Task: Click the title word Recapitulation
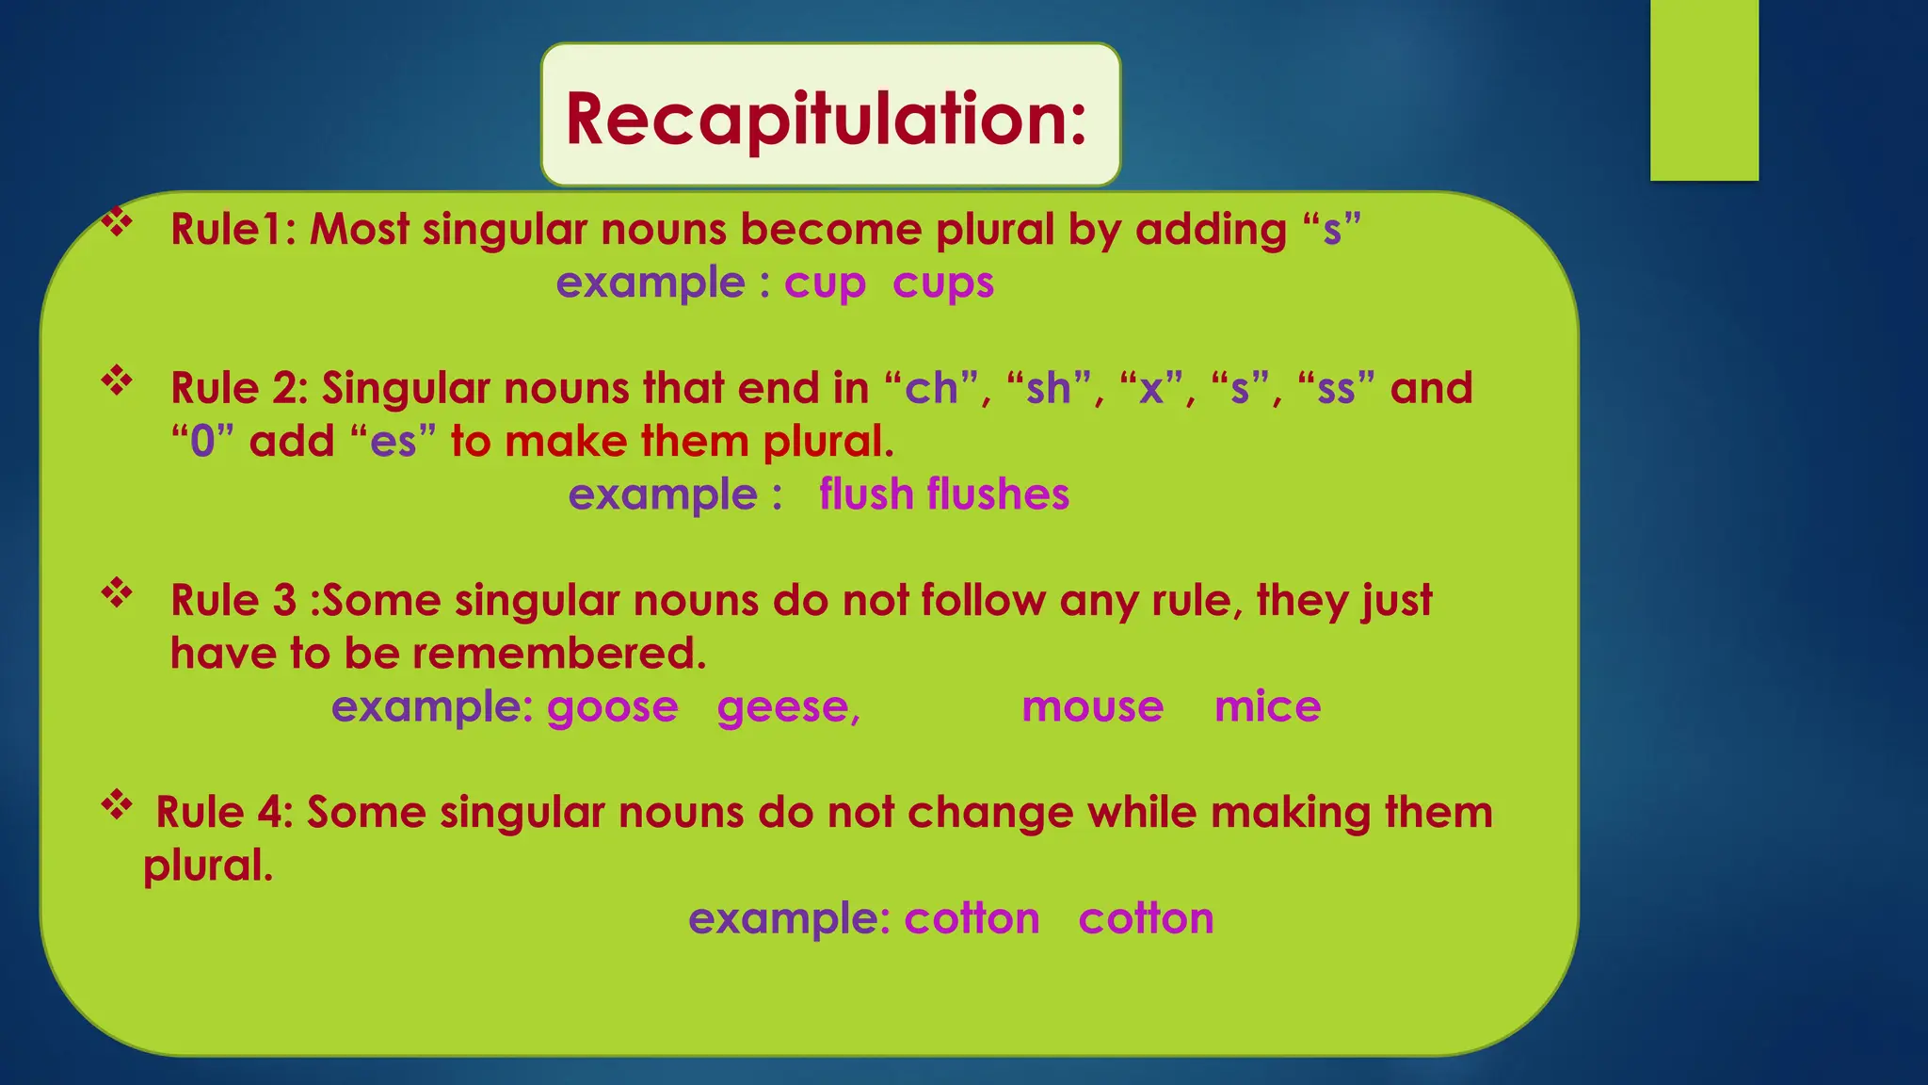point(827,119)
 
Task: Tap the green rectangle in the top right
point(1704,90)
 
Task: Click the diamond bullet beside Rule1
point(117,223)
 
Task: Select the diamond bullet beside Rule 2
point(117,381)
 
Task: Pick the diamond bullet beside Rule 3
point(117,593)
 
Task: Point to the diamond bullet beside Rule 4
point(117,805)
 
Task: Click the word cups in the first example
point(942,283)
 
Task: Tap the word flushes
point(998,494)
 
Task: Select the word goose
point(612,707)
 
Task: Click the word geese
point(786,707)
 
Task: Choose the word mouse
point(1092,707)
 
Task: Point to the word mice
point(1267,707)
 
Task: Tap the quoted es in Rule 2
point(394,442)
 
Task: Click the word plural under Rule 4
point(207,866)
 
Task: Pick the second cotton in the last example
point(1146,918)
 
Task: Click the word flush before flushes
point(865,494)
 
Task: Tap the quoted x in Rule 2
point(1150,389)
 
